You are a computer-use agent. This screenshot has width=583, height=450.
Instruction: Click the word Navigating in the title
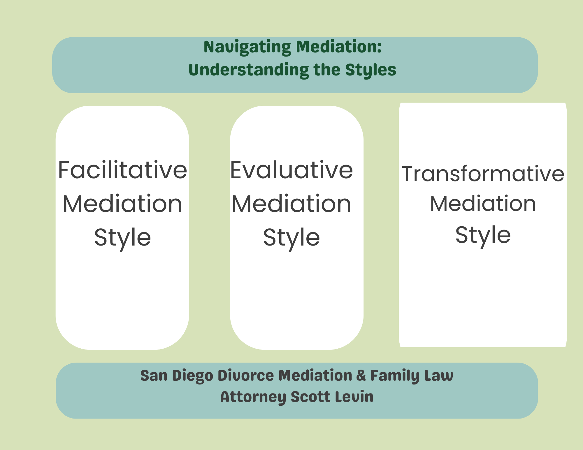tap(247, 47)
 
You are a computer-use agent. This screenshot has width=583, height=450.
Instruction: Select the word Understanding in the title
tap(249, 70)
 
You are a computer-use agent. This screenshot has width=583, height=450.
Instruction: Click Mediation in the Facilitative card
tap(122, 204)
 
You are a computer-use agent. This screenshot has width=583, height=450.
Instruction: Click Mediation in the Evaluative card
tap(291, 204)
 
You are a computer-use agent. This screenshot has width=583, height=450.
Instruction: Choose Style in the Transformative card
tap(483, 235)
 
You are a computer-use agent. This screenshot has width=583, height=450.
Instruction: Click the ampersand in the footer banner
tap(361, 375)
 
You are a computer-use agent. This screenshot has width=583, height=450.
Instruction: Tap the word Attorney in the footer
tap(253, 397)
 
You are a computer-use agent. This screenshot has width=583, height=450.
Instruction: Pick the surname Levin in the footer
tap(354, 397)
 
